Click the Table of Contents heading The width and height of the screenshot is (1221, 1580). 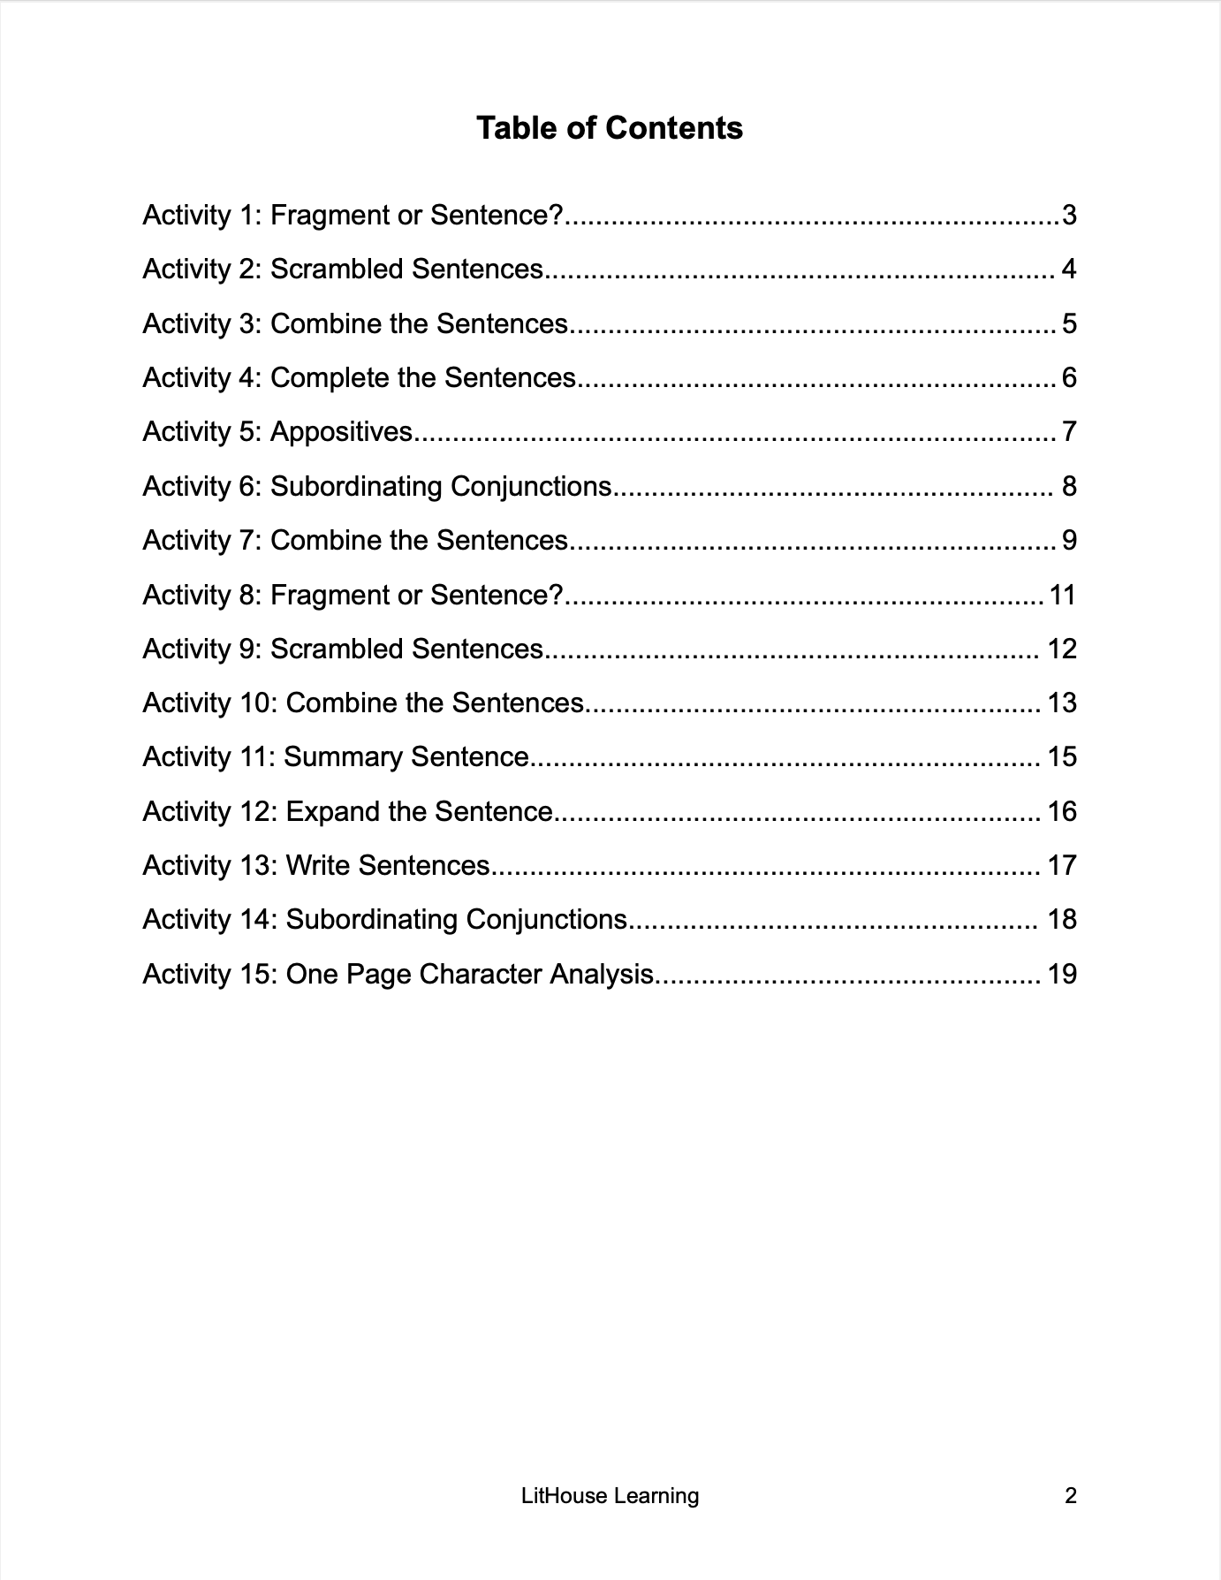coord(610,128)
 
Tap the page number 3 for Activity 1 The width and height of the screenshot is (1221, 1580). coord(1069,215)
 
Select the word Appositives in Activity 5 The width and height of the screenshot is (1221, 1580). coord(341,432)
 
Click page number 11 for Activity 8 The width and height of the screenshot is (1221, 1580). coord(1062,595)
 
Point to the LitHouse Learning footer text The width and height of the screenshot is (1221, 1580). coord(610,1496)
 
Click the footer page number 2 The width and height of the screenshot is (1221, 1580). coord(1071,1496)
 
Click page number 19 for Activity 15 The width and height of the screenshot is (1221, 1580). coord(1062,974)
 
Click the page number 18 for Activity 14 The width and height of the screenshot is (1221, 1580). coord(1062,920)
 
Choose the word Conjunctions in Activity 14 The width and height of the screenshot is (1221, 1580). coord(546,920)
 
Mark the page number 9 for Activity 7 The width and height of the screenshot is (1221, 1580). coord(1069,541)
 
